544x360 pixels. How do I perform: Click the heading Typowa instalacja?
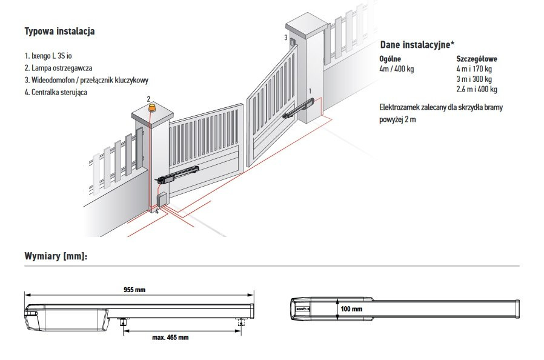tap(59, 31)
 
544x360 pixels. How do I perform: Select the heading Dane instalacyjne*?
tap(417, 45)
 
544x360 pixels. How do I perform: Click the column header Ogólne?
tap(390, 59)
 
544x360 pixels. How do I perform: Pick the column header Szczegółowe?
tap(476, 59)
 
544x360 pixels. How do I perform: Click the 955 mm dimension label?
tap(134, 290)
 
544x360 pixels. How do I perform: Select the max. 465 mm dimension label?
tap(170, 337)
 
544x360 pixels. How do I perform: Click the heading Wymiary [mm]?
tap(56, 256)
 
